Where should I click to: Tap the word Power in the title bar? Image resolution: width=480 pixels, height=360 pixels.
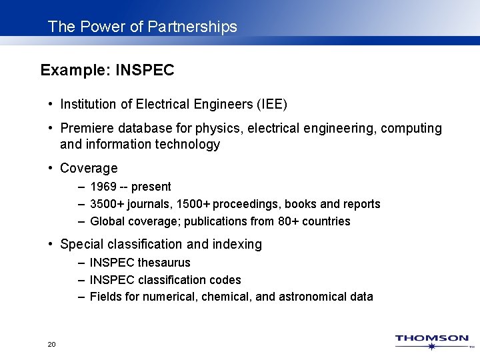(x=97, y=27)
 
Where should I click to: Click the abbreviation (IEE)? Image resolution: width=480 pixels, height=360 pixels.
(x=272, y=105)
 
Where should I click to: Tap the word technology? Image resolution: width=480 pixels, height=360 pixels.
(x=187, y=145)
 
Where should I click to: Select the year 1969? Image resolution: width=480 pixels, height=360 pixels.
(x=103, y=187)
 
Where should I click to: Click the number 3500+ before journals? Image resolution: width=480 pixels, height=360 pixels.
(x=105, y=204)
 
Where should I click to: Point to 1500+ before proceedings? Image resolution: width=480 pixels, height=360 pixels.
(x=189, y=204)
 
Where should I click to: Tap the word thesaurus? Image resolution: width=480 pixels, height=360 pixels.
(x=164, y=263)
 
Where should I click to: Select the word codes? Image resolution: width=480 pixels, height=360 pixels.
(x=227, y=280)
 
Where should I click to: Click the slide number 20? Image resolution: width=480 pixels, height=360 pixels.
(x=51, y=344)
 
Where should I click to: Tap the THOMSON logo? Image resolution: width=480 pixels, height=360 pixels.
(x=432, y=340)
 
